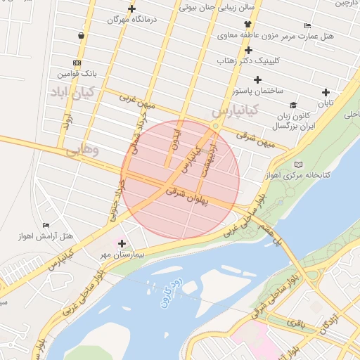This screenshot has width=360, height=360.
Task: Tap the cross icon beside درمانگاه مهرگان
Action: (x=131, y=9)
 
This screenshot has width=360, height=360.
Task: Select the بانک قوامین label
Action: (x=75, y=73)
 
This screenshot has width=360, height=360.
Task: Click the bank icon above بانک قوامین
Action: (x=77, y=63)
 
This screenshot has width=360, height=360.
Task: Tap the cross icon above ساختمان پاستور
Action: (x=258, y=80)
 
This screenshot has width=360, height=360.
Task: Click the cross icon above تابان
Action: (x=325, y=92)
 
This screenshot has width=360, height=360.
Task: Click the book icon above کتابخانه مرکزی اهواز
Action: (x=299, y=164)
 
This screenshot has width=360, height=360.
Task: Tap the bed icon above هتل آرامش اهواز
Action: (x=46, y=225)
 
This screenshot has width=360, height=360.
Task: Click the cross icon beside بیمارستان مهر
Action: (x=122, y=243)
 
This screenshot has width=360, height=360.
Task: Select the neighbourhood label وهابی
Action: (x=83, y=150)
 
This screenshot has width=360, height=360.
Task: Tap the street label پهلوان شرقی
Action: (x=189, y=195)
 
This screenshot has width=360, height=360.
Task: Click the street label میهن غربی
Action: (x=136, y=100)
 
